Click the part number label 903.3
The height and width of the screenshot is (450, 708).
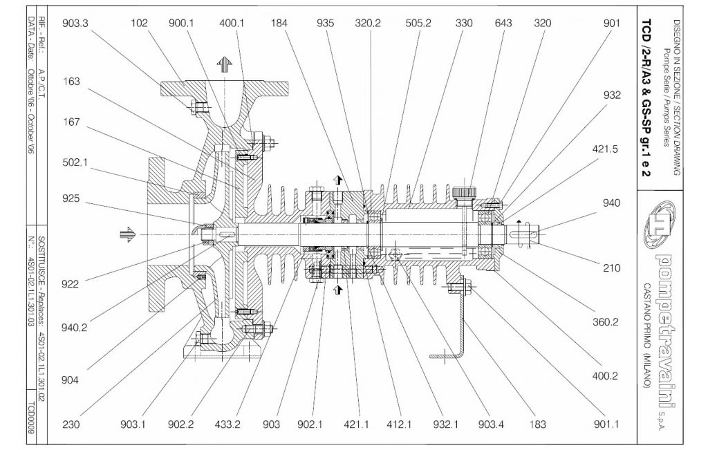point(75,23)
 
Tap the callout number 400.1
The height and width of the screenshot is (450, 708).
point(232,23)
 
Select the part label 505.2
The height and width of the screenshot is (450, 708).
point(418,23)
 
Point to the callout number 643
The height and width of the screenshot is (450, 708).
point(503,23)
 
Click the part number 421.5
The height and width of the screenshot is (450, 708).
point(604,149)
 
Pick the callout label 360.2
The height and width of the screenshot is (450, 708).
point(605,322)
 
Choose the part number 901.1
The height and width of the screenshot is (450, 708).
point(606,424)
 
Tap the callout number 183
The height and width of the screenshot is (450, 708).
point(537,424)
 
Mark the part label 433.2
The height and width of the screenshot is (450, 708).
point(227,424)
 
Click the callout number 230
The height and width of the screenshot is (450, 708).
point(71,424)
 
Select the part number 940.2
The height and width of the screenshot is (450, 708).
point(74,328)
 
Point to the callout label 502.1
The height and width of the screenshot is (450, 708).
point(75,162)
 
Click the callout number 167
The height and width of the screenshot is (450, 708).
point(71,122)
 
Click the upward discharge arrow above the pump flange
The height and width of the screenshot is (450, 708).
point(225,65)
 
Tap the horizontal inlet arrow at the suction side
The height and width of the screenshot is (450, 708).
point(128,234)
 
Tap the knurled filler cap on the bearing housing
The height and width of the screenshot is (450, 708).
point(465,192)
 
